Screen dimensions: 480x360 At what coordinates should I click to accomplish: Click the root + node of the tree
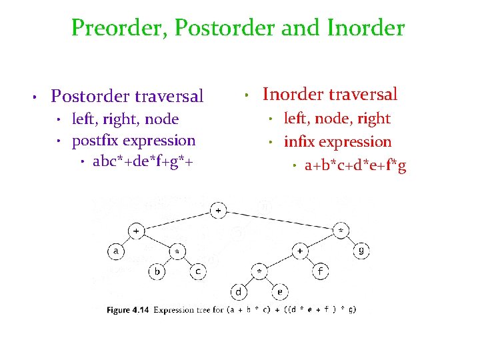(x=219, y=211)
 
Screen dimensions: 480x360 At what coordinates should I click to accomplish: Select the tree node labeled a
(x=115, y=251)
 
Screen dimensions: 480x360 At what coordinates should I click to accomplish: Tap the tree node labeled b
(x=157, y=272)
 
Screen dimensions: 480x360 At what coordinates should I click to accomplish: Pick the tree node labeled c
(x=198, y=272)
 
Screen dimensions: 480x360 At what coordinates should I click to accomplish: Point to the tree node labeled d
(x=239, y=292)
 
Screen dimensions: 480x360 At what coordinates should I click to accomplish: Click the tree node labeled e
(x=280, y=292)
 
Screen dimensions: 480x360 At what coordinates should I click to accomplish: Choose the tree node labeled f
(x=321, y=272)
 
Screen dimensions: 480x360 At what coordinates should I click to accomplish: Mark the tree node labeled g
(x=362, y=251)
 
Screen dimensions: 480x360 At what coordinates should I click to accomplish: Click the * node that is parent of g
(x=341, y=231)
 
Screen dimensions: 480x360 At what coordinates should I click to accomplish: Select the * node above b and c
(x=177, y=251)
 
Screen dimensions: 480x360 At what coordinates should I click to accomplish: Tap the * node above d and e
(x=259, y=272)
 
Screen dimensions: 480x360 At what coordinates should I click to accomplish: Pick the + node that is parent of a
(x=136, y=231)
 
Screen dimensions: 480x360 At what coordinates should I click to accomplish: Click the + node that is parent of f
(x=301, y=251)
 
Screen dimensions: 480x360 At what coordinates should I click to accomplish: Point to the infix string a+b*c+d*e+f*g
(x=355, y=165)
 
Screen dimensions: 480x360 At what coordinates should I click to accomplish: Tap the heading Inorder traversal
(x=330, y=95)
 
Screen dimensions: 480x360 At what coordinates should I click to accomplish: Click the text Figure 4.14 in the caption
(x=128, y=310)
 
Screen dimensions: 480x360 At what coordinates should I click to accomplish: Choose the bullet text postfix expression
(x=133, y=141)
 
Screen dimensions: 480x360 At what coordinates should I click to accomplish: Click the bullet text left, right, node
(x=125, y=119)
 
